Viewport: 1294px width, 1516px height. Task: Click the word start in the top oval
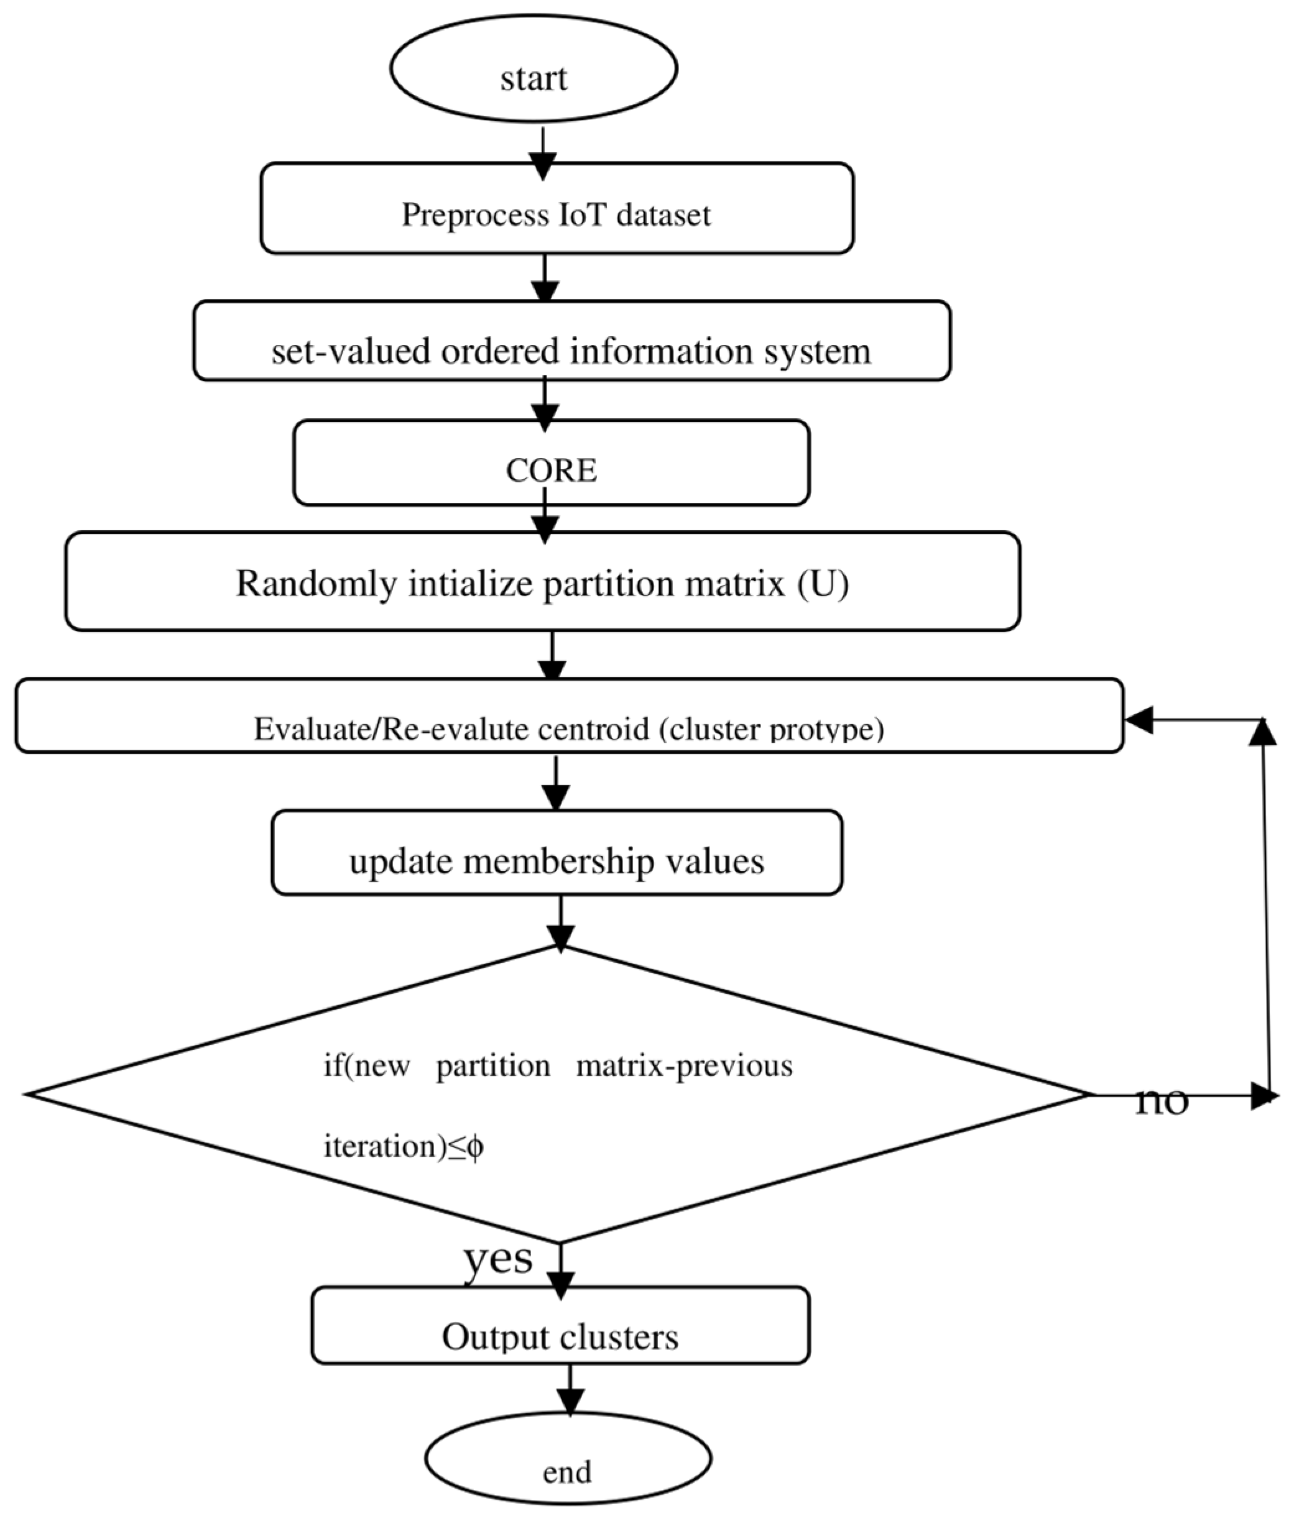click(x=534, y=78)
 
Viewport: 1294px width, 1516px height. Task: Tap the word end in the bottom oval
click(x=566, y=1471)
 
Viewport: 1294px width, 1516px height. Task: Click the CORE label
click(x=551, y=471)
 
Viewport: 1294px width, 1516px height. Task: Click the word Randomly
click(x=316, y=584)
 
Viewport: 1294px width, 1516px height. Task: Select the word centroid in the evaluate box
click(x=593, y=728)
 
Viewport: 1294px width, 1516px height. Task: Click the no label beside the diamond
click(x=1162, y=1100)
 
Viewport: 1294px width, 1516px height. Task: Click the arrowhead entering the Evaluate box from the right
click(x=1139, y=719)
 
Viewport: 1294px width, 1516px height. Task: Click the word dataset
click(x=663, y=215)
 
